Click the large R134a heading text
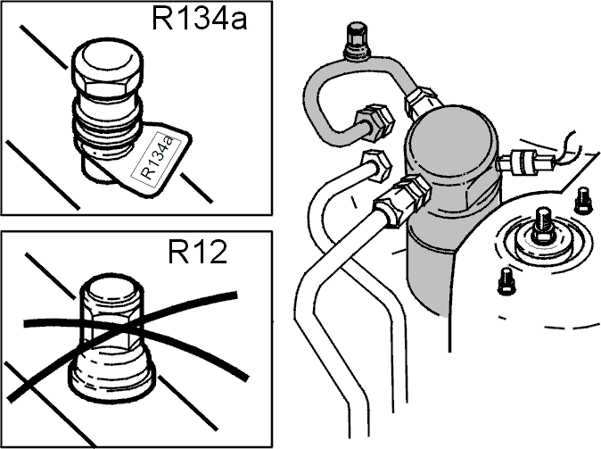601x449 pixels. click(200, 19)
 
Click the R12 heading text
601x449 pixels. click(197, 252)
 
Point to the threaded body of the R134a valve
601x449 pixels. click(108, 123)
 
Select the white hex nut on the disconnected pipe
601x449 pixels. click(376, 166)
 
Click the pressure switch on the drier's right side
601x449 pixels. click(525, 162)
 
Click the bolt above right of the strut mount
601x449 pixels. click(582, 200)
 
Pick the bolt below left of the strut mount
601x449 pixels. click(506, 281)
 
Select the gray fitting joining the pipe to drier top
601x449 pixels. click(422, 101)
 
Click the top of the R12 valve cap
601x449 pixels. click(112, 287)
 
